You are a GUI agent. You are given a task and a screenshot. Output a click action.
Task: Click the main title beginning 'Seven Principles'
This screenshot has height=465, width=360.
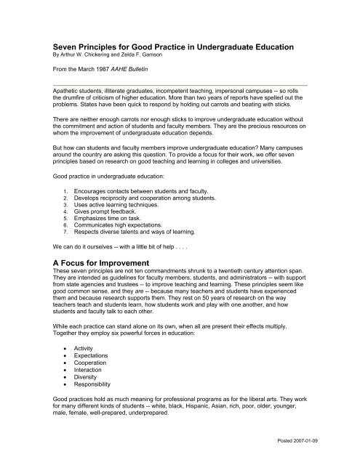174,46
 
